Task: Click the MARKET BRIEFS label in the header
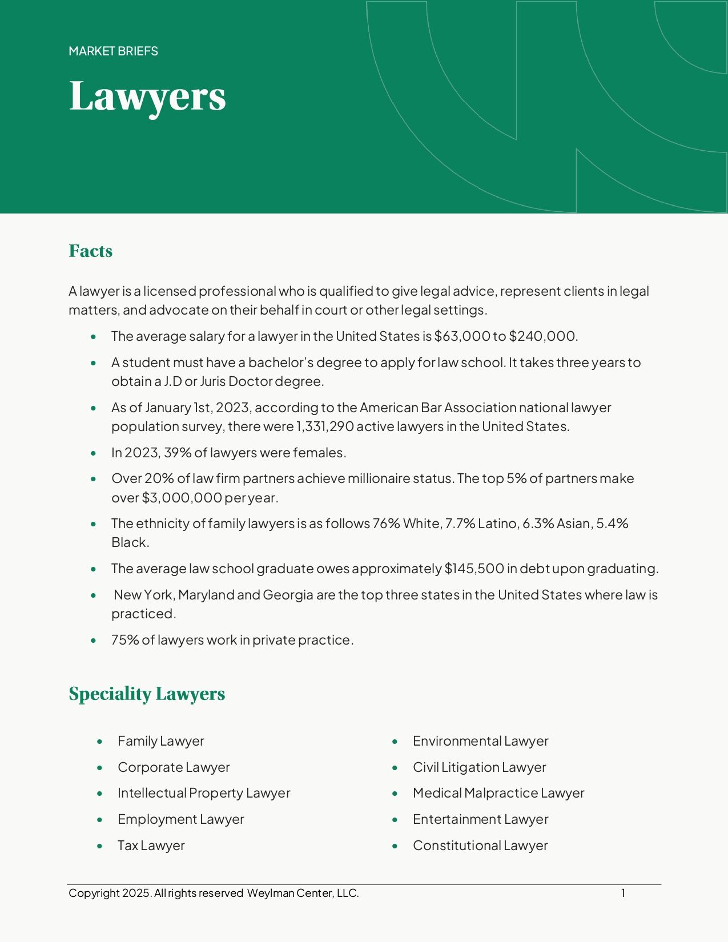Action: tap(113, 51)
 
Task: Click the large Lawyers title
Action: tap(147, 96)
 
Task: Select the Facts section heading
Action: tap(90, 251)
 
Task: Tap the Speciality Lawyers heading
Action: tap(147, 694)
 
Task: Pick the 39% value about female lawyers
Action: tap(178, 453)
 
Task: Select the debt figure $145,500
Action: tap(474, 569)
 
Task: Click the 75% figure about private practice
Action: tap(125, 640)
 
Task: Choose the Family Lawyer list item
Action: tap(160, 741)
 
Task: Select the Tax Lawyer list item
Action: tap(151, 846)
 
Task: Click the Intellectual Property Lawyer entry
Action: tap(204, 793)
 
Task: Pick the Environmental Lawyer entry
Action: tap(480, 741)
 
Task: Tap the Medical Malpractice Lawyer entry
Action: tap(498, 793)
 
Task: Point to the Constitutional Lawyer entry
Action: tap(480, 846)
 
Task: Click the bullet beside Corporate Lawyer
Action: tap(100, 768)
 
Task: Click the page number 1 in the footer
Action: tap(624, 893)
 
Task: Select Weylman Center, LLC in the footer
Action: tap(303, 893)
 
